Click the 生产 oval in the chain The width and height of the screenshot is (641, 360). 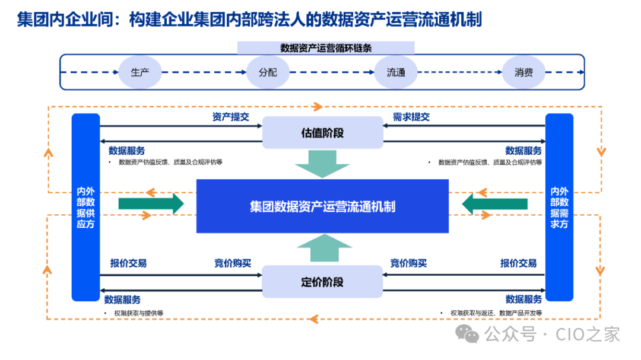coord(140,72)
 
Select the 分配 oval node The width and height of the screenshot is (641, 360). coord(268,72)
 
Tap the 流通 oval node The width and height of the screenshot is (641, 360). coord(396,72)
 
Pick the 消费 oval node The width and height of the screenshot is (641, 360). coord(523,72)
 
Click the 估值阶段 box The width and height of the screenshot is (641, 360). coord(322,133)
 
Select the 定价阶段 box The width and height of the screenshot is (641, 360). coord(322,282)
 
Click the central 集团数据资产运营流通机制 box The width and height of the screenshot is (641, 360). coord(322,206)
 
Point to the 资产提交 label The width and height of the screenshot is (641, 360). coord(230,117)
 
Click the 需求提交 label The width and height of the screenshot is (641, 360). coord(411,117)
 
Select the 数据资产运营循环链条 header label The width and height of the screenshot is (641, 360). coord(326,48)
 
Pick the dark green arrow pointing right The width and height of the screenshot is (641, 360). coord(151,204)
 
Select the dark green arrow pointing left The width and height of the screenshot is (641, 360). coord(494,204)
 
